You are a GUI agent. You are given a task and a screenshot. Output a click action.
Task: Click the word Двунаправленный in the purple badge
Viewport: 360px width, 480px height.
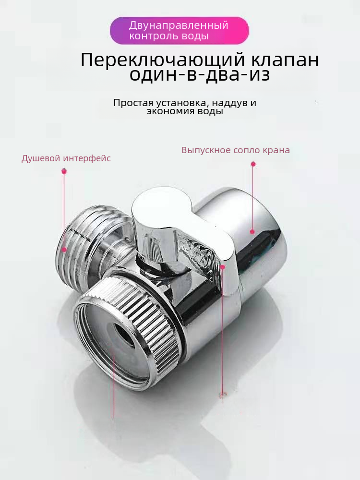[x=179, y=25]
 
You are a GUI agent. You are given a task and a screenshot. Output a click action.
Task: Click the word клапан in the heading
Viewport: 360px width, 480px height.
[x=285, y=60]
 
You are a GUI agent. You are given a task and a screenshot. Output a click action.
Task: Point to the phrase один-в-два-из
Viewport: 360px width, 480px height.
[x=200, y=75]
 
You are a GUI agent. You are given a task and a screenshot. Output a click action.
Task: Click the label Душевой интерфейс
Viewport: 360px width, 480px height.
[x=66, y=158]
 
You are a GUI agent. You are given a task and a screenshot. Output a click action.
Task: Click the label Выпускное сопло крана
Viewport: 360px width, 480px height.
[x=236, y=150]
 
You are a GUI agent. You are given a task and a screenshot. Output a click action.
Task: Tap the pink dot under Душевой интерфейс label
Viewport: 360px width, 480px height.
[x=64, y=171]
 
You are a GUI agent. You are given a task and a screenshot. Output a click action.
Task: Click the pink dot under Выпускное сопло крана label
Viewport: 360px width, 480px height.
[x=253, y=164]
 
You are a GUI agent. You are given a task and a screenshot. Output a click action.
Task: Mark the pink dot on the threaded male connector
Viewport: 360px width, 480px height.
[x=64, y=250]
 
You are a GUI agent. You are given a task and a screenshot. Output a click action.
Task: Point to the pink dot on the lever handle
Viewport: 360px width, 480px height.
[x=223, y=267]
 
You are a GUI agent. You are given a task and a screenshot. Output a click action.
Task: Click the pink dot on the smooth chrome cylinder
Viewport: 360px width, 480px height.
[x=252, y=232]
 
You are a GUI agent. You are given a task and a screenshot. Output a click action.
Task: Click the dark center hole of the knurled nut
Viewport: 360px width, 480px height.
[x=125, y=335]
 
